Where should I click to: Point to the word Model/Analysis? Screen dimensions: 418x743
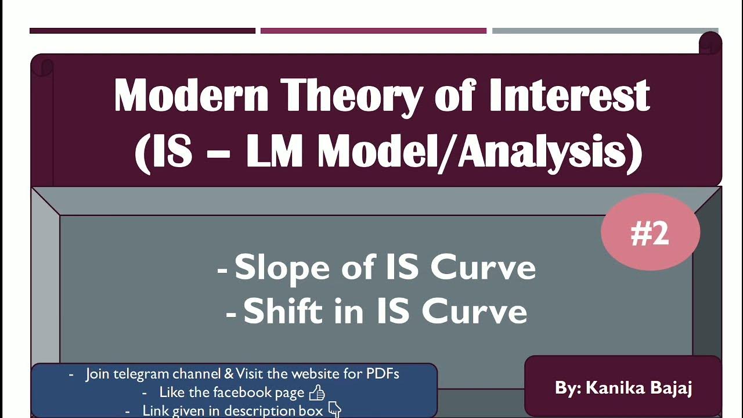[x=479, y=152]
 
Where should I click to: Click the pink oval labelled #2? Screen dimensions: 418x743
[x=650, y=232]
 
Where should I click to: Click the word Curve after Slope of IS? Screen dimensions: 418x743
[x=483, y=268]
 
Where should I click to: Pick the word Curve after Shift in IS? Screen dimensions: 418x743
[x=474, y=311]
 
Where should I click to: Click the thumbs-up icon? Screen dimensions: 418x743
[x=317, y=393]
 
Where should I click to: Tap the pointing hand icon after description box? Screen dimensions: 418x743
[x=335, y=410]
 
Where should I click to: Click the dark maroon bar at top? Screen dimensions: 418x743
[x=142, y=31]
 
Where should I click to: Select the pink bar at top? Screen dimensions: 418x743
[x=373, y=31]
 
